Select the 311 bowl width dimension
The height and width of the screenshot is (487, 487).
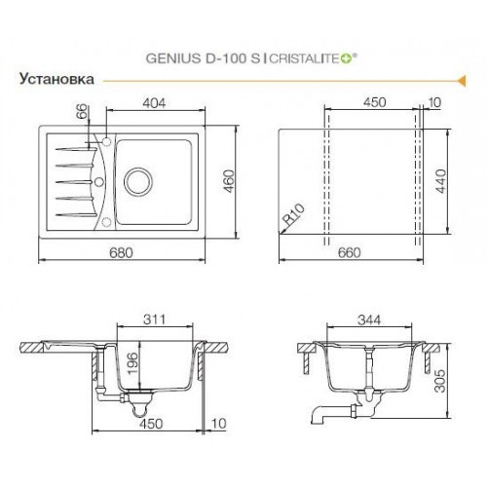(154, 318)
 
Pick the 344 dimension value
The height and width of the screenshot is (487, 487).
(371, 318)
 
